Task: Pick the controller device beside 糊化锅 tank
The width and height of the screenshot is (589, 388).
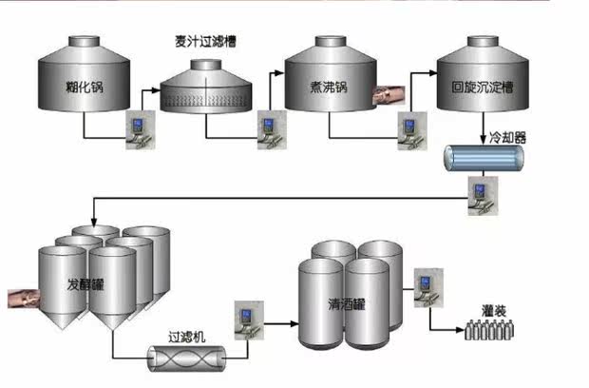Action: point(140,130)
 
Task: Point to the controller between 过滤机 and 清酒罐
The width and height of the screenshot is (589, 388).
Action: point(248,320)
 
